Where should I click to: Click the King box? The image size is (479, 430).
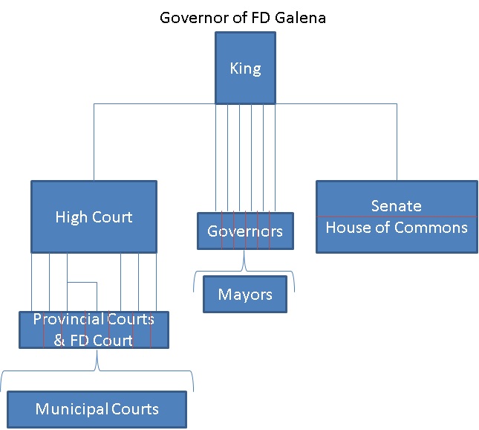245,69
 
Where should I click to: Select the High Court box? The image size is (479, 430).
94,216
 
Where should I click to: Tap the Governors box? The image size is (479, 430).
245,231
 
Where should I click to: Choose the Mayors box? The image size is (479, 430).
245,295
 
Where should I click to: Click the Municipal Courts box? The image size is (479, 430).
97,409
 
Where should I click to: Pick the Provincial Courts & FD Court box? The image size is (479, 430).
94,330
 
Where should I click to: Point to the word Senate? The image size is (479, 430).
397,206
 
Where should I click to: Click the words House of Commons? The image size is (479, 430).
397,227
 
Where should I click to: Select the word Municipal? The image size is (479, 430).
71,409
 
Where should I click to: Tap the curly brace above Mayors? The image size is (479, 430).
244,271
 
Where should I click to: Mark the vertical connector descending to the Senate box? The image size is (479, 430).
397,141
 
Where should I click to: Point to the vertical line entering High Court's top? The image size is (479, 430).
94,141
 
